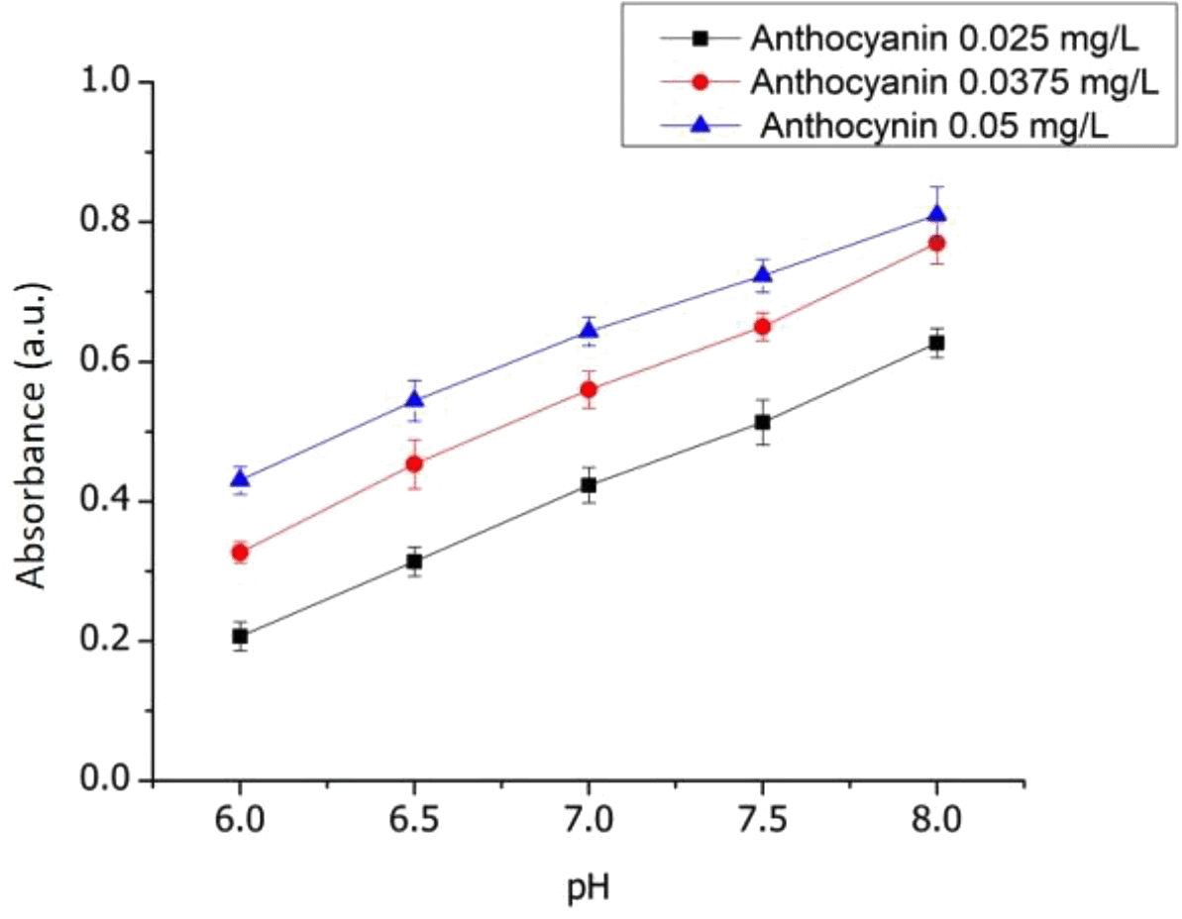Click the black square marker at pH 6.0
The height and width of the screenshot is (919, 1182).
point(240,636)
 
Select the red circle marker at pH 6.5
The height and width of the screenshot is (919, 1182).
point(414,463)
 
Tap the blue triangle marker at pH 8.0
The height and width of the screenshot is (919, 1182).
point(936,213)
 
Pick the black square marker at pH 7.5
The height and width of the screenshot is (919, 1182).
point(762,422)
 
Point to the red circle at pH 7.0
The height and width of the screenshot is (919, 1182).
point(589,389)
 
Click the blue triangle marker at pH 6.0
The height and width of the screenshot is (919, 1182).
point(240,479)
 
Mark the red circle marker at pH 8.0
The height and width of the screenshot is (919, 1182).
point(936,244)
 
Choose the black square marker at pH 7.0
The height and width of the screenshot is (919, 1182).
point(589,485)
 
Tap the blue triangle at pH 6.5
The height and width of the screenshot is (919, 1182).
point(414,399)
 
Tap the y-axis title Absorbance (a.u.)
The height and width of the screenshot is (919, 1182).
point(36,433)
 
